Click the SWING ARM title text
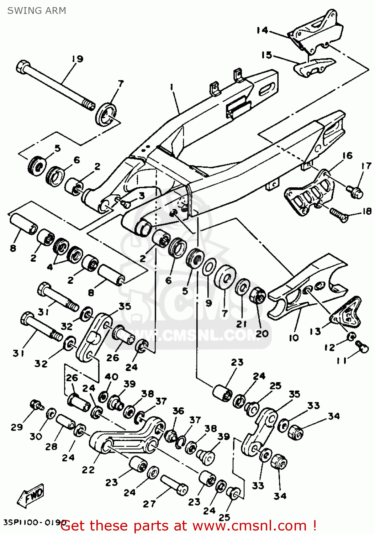(36, 11)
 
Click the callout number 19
(77, 59)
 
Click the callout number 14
(262, 30)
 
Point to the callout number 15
(266, 55)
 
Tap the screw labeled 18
(339, 215)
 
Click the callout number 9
(208, 303)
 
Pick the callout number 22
(88, 470)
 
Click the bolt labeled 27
(174, 485)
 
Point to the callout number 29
(17, 427)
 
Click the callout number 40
(111, 376)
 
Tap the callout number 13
(315, 331)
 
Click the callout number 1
(171, 87)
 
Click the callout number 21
(242, 324)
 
